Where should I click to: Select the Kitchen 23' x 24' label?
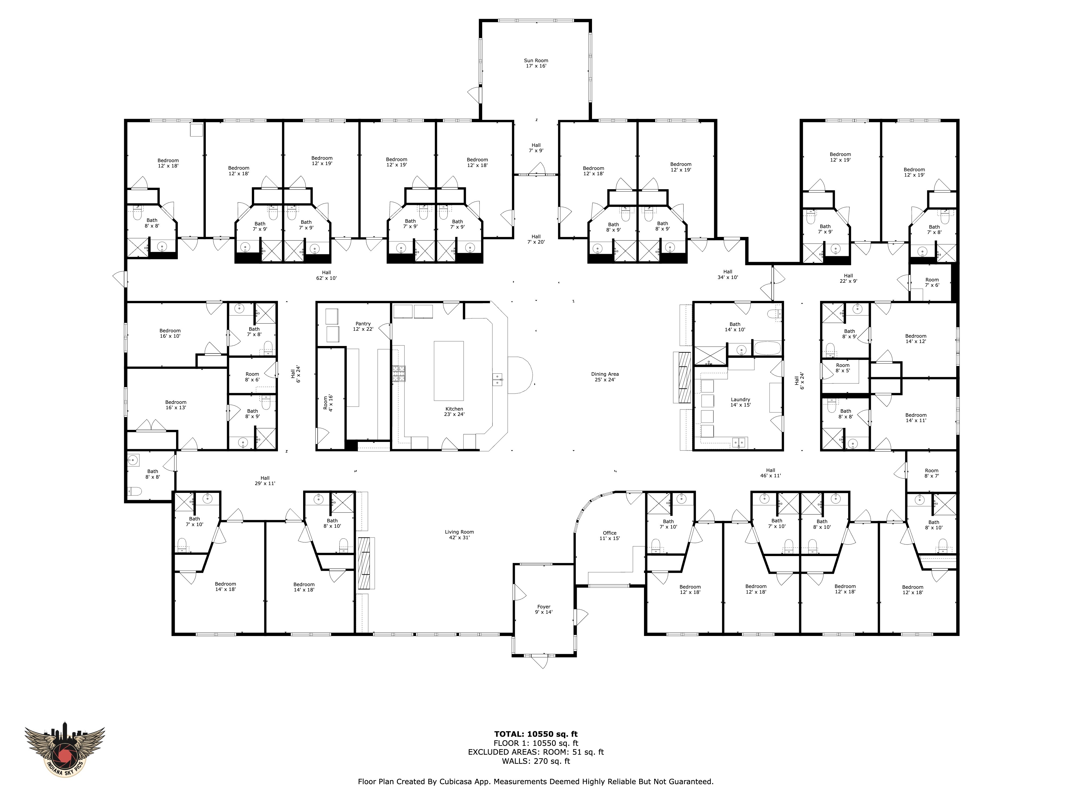tap(454, 411)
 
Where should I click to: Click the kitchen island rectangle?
tap(449, 370)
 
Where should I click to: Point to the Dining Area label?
tap(605, 377)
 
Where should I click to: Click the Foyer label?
tap(544, 609)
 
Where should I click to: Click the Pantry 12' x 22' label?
tap(363, 326)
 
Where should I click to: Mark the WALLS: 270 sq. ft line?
tap(536, 761)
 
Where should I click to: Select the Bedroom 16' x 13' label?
tap(176, 405)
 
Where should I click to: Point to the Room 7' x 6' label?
tap(932, 282)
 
